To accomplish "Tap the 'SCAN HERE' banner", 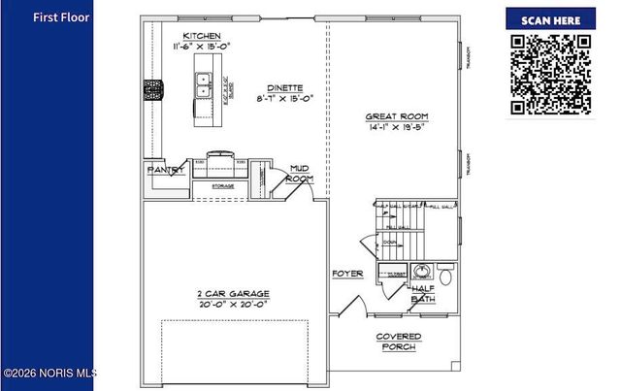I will coord(550,19).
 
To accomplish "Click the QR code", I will coord(550,74).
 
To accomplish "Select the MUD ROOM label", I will coord(299,174).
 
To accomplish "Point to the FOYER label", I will coord(347,274).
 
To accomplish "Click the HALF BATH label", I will coord(422,293).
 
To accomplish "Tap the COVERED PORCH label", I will coord(399,342).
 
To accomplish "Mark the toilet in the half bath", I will coord(445,277).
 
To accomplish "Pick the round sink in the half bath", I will coord(421,273).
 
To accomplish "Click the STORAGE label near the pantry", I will coord(222,184).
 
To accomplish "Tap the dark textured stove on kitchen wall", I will coord(153,90).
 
